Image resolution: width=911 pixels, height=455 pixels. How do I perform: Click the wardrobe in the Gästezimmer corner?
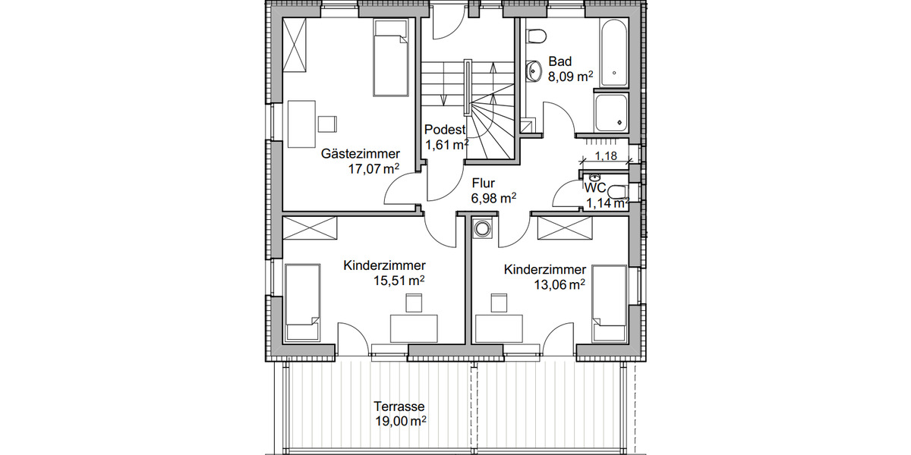coord(295,45)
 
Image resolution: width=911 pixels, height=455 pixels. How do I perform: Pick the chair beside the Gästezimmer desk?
coord(327,124)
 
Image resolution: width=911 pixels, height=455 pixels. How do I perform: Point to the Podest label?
coord(445,130)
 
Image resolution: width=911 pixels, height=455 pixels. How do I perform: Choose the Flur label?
coord(483,183)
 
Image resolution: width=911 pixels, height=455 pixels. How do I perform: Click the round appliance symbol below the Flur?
coord(481,228)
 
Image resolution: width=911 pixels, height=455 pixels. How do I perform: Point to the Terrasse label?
coord(399,406)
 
